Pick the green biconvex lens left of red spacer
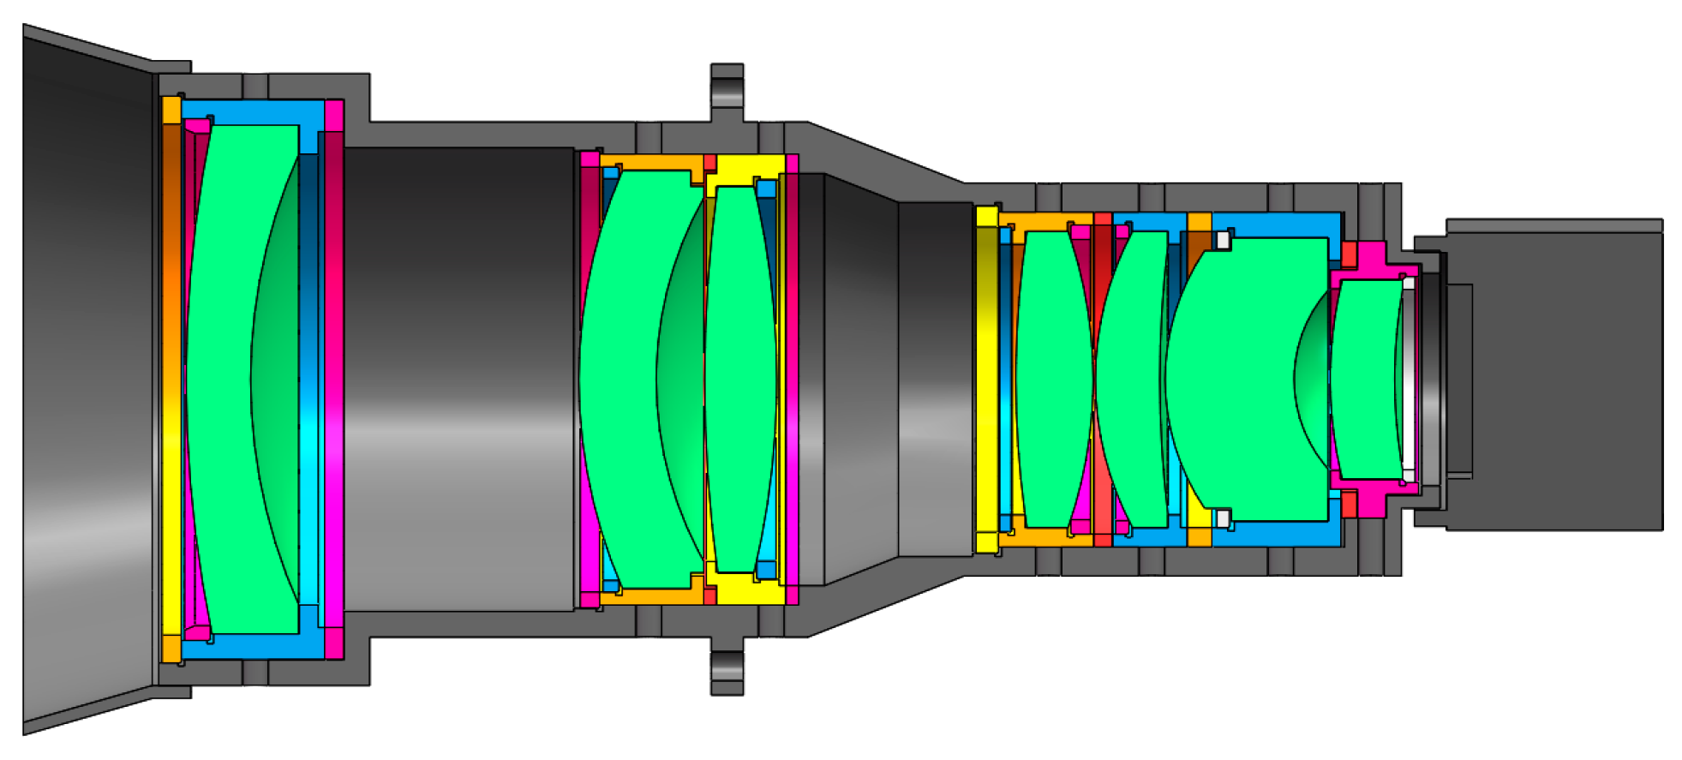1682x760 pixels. coord(1052,377)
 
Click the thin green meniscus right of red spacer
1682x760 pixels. coord(1129,377)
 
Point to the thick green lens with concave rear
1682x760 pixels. coord(1234,377)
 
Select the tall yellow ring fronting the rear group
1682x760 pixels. coord(987,377)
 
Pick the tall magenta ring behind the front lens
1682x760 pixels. coord(333,377)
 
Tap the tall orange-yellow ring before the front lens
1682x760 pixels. coord(171,377)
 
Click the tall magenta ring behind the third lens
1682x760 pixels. coord(792,377)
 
